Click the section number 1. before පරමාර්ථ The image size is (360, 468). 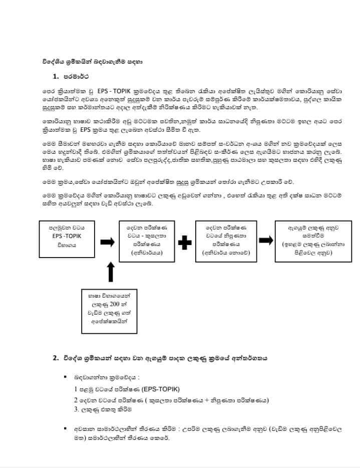click(56, 77)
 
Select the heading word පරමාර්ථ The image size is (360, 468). click(77, 77)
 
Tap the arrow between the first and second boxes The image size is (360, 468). click(107, 242)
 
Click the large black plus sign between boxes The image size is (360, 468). click(185, 242)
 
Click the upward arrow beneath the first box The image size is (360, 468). click(111, 272)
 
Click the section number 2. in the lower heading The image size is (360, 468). click(56, 359)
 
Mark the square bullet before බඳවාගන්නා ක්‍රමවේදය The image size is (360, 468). click(65, 375)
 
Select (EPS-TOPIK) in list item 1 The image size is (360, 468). click(162, 389)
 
